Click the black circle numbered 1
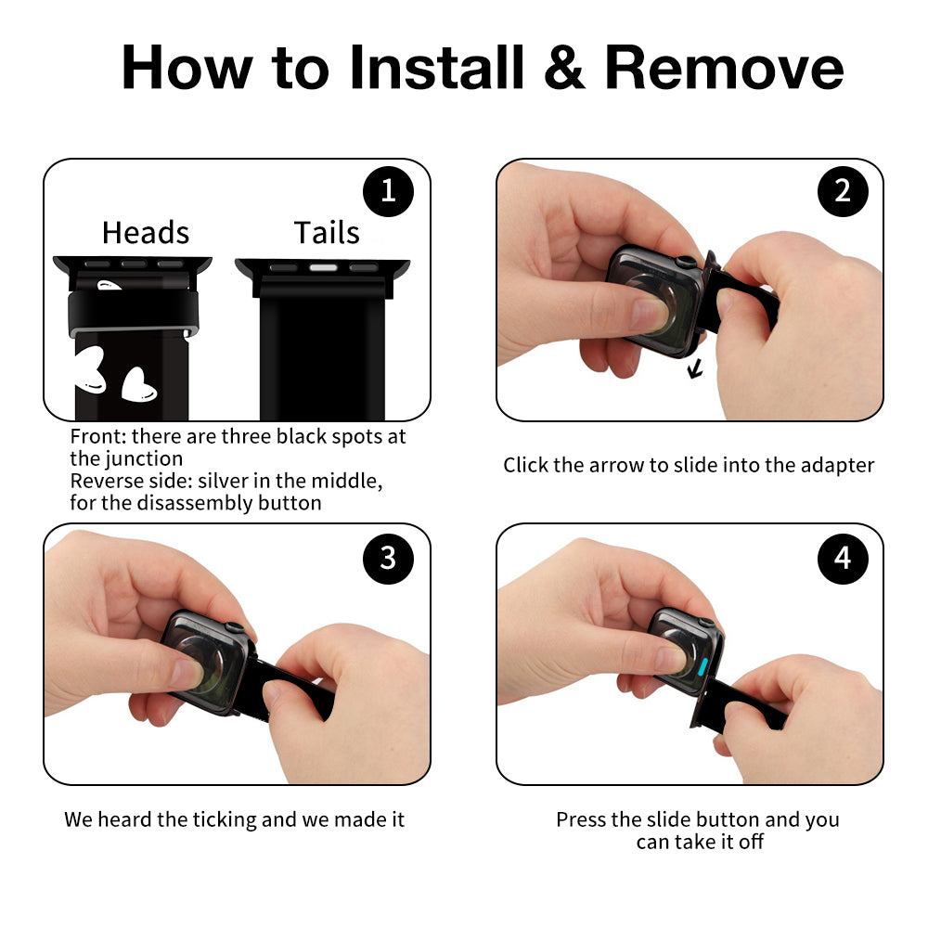click(388, 191)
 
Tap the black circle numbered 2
click(843, 191)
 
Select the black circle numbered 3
click(388, 558)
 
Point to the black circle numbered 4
click(843, 558)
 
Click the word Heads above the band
click(146, 232)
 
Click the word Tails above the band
click(327, 232)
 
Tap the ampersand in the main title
click(564, 68)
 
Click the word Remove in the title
click(724, 68)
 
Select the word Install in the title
click(437, 67)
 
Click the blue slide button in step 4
click(703, 666)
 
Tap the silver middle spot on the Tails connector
click(323, 267)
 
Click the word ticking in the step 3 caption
click(225, 820)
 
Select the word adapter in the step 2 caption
click(837, 466)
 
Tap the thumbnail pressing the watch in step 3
click(187, 673)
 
